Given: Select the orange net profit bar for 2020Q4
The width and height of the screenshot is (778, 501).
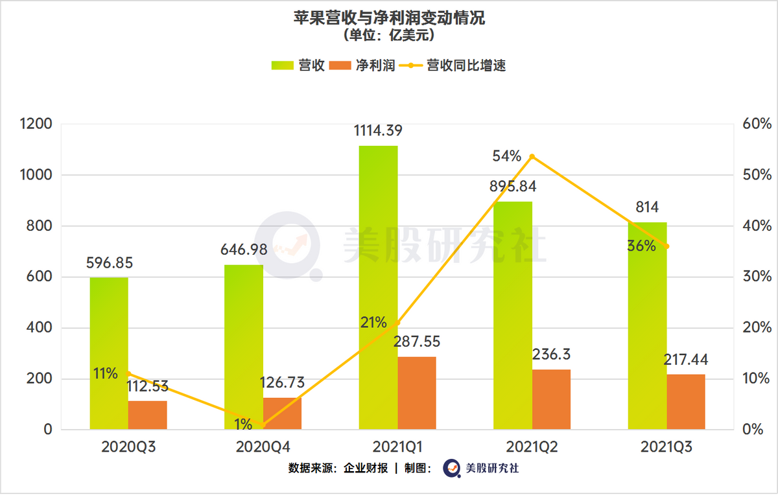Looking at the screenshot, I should click(282, 414).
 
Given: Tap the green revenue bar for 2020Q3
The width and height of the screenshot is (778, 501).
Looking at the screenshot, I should click(109, 353).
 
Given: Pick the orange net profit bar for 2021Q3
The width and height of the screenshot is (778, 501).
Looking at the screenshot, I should click(686, 402).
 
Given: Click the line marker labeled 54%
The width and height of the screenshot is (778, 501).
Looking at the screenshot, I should click(532, 156).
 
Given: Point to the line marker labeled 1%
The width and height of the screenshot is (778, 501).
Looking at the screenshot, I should click(263, 425).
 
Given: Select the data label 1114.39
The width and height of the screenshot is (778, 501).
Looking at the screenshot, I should click(378, 130).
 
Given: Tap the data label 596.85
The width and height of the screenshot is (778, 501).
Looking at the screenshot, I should click(110, 263).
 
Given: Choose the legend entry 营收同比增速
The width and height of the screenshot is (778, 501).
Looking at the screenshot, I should click(466, 65).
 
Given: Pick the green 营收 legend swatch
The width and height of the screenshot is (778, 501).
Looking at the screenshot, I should click(283, 65).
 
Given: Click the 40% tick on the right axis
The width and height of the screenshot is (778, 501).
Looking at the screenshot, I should click(755, 226).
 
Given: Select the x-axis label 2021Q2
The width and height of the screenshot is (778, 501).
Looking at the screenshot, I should click(532, 447).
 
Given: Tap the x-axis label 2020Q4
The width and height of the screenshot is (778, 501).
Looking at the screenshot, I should click(263, 447).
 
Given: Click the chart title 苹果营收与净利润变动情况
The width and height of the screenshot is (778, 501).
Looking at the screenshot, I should click(389, 17).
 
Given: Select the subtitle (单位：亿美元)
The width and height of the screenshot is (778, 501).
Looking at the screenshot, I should click(389, 34).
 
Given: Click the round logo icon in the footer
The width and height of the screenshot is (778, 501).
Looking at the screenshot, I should click(451, 468).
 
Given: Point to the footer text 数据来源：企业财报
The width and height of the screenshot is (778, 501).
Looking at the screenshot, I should click(338, 468).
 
